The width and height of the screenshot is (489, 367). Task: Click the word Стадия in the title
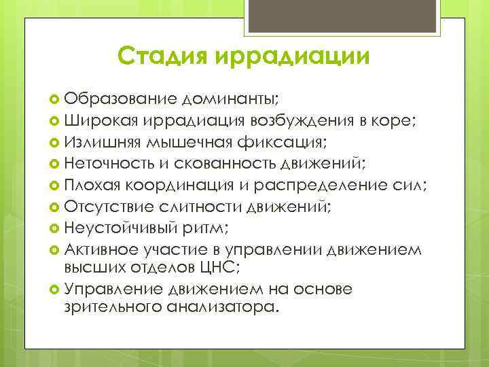click(x=164, y=55)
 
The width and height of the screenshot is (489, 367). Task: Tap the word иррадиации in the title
click(x=293, y=55)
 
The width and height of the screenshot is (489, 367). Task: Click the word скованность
click(x=216, y=164)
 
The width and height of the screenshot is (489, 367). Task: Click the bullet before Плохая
click(x=56, y=186)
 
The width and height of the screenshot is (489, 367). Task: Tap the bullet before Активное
click(x=56, y=250)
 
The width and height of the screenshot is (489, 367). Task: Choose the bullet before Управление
click(x=56, y=290)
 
